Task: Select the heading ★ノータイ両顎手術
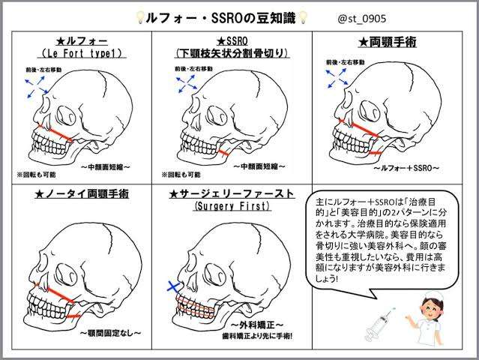tap(82, 193)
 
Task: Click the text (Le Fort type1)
tap(82, 54)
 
